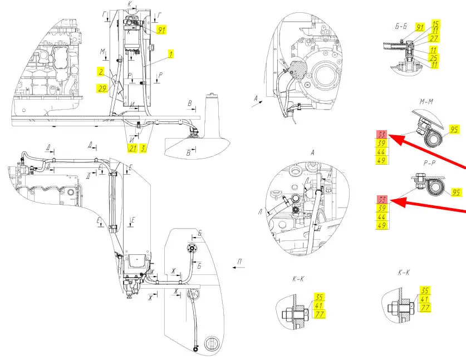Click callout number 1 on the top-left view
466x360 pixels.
tap(171, 55)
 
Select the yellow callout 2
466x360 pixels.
tap(101, 71)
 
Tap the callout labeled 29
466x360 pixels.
tap(101, 87)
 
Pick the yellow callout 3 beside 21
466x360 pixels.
tap(144, 148)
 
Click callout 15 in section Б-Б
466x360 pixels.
tap(435, 24)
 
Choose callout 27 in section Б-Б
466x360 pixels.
tap(435, 38)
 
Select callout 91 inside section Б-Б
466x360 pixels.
tap(420, 27)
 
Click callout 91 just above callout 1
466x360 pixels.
tap(161, 29)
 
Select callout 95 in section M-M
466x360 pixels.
tap(454, 130)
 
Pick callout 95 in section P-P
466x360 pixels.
tap(457, 193)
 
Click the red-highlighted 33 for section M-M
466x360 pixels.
tap(382, 135)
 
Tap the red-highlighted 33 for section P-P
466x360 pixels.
tap(382, 200)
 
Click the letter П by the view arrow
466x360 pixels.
tap(239, 260)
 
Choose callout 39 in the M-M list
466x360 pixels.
tap(382, 144)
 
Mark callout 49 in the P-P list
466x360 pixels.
tap(382, 225)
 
